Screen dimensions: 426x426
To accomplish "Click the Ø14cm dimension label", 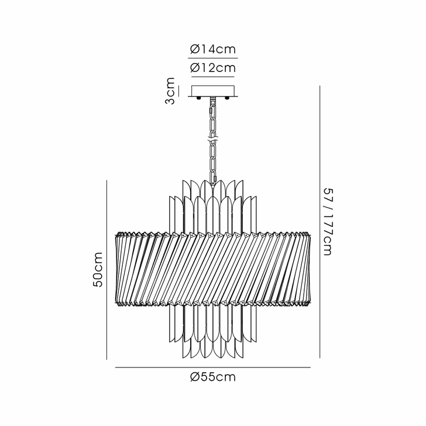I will click(x=213, y=50).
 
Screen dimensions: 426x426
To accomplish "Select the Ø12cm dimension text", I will click(x=213, y=68).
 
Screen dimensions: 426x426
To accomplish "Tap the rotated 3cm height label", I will click(x=169, y=91).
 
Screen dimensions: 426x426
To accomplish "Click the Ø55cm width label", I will click(x=213, y=377).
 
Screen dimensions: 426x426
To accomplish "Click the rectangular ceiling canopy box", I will click(x=213, y=91).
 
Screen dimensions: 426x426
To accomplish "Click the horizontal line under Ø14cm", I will click(x=213, y=59).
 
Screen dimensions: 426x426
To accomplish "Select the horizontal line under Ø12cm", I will click(x=213, y=77).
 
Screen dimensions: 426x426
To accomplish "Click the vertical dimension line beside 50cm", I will click(x=106, y=269).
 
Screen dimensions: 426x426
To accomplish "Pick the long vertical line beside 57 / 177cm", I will click(x=319, y=222).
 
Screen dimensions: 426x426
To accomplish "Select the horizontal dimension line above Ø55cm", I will click(x=213, y=367).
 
